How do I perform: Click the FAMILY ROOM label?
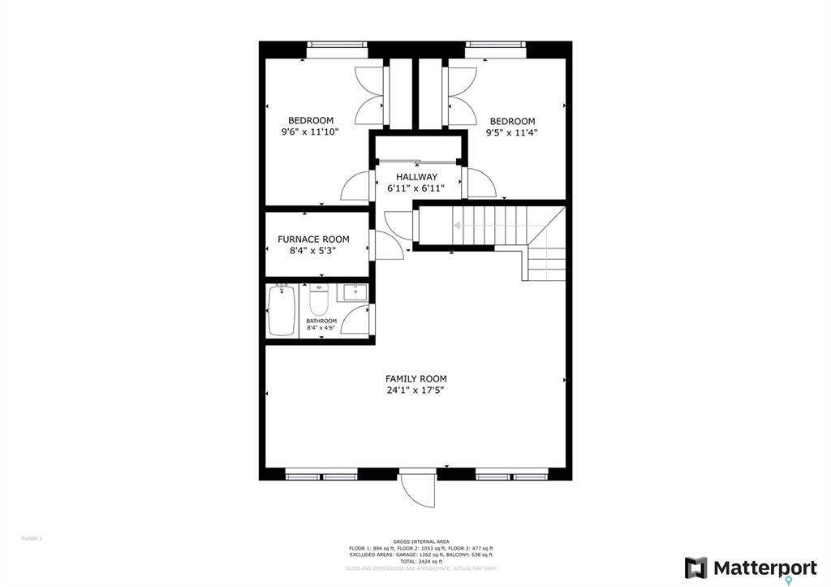(x=415, y=378)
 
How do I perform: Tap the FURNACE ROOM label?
(x=313, y=239)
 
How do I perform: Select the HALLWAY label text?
(x=416, y=177)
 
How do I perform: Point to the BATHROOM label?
(x=321, y=321)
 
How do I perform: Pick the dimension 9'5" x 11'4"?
(x=511, y=132)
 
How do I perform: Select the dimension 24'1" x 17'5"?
(x=415, y=391)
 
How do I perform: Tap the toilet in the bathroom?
(x=319, y=302)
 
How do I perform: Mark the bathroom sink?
(x=353, y=291)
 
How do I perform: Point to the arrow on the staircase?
(x=458, y=226)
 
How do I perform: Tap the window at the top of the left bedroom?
(x=336, y=45)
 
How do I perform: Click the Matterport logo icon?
(x=695, y=568)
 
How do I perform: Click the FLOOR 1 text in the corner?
(x=31, y=538)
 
